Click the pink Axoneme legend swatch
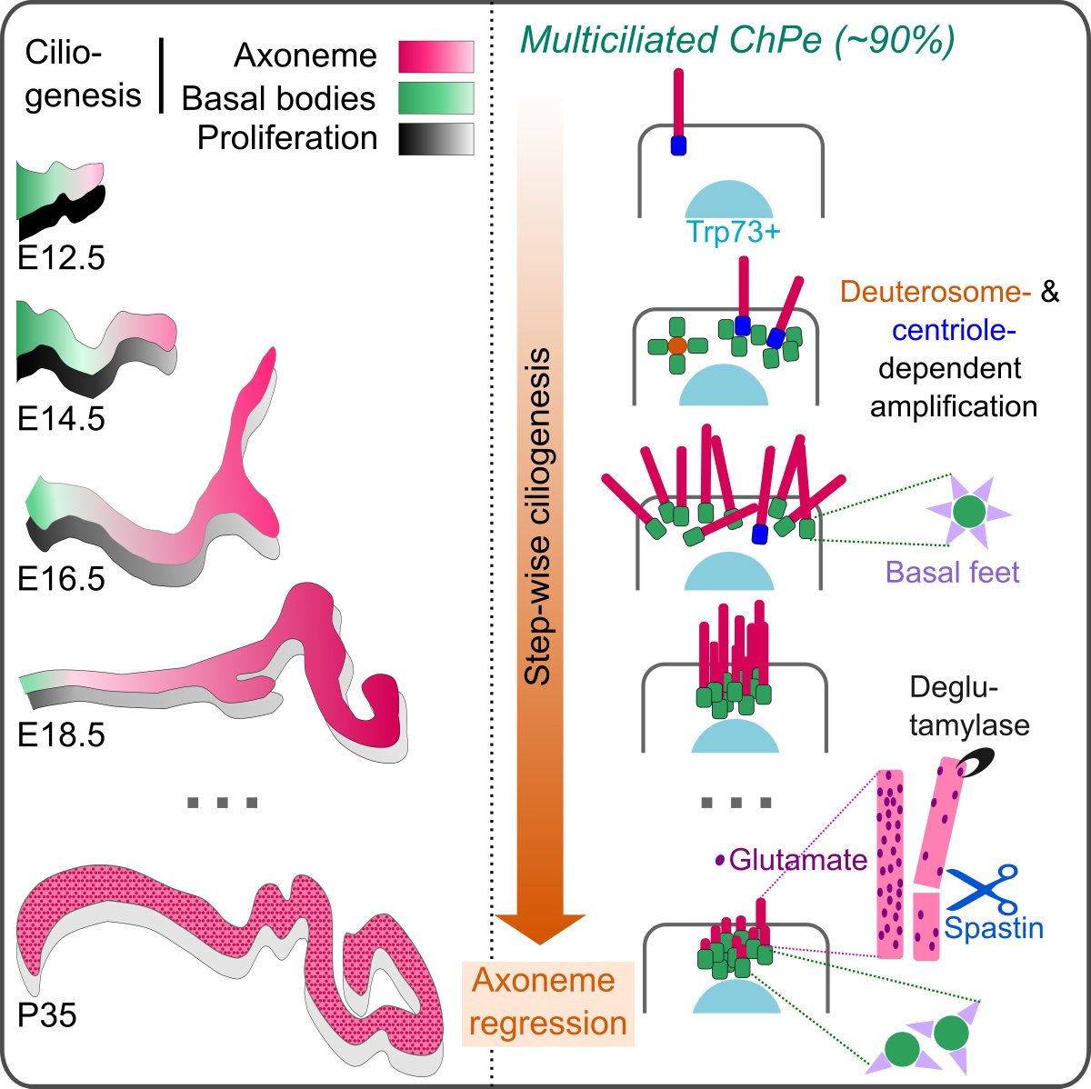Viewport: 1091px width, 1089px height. coord(435,56)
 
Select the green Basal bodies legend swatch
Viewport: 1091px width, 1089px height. coord(435,98)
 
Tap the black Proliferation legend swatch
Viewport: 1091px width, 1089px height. coord(435,138)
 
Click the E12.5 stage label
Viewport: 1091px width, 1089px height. coord(61,258)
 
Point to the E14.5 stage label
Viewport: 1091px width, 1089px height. coord(61,418)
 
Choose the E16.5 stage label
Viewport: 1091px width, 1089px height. coord(61,578)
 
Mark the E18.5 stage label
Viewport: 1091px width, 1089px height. coord(61,734)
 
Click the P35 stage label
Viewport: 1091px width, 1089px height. coord(47,1014)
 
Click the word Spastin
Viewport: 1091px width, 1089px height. coord(994,928)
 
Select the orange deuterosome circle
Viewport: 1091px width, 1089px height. coord(676,345)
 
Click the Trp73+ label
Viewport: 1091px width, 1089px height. coord(735,233)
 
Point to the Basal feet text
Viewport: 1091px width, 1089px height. coord(952,572)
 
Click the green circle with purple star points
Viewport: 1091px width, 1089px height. coord(973,514)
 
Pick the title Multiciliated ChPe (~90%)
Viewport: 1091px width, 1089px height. coord(737,41)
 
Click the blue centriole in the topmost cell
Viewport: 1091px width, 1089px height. coord(677,145)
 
